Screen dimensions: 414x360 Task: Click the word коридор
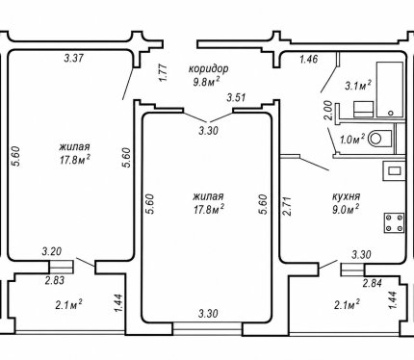pyautogui.click(x=209, y=68)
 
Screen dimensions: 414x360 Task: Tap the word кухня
pyautogui.click(x=346, y=196)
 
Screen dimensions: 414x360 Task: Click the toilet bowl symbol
pyautogui.click(x=380, y=139)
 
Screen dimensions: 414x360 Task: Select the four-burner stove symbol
pyautogui.click(x=395, y=222)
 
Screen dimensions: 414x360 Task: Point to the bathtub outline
pyautogui.click(x=390, y=90)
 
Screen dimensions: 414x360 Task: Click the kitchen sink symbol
pyautogui.click(x=394, y=170)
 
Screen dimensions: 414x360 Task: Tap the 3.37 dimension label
pyautogui.click(x=74, y=59)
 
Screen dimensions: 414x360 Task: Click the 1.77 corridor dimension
pyautogui.click(x=163, y=73)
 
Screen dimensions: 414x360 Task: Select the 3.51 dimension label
pyautogui.click(x=236, y=97)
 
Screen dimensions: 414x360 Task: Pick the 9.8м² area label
pyautogui.click(x=207, y=82)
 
